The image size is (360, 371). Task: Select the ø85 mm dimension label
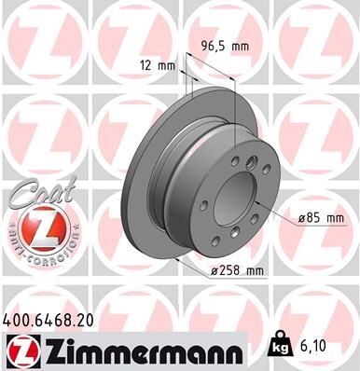pos(322,218)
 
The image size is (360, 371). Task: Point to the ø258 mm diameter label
pos(233,271)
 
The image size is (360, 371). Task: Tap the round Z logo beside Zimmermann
pos(22,350)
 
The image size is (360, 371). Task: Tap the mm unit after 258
pos(251,271)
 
